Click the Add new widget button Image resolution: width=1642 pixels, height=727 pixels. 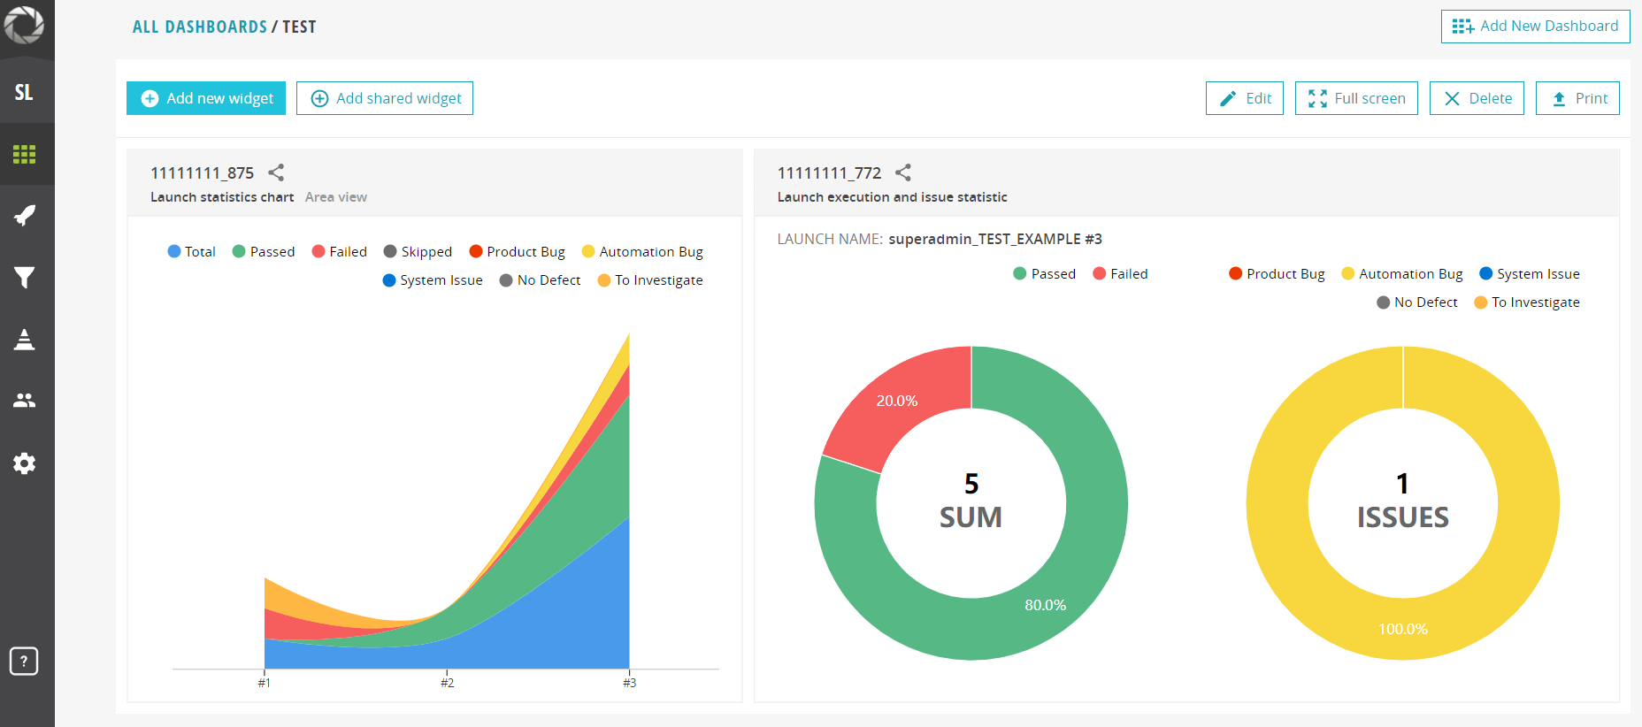coord(206,98)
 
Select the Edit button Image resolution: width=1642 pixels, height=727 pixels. coord(1245,98)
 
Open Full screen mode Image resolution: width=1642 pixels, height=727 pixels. coord(1356,98)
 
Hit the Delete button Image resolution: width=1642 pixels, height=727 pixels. coord(1477,98)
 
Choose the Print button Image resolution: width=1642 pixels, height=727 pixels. coord(1577,98)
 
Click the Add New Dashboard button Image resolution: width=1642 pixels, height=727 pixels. coord(1536,27)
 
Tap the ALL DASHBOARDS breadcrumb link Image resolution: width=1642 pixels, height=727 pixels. coord(200,27)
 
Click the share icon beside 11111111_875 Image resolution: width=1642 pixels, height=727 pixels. coord(276,172)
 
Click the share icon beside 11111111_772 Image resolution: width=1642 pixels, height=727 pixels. coord(903,172)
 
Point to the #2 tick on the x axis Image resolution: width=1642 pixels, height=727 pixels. coord(447,682)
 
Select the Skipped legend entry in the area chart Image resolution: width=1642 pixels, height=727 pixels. coord(418,252)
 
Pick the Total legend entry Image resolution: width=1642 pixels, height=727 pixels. coord(192,252)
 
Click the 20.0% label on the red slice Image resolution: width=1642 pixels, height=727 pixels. coord(897,401)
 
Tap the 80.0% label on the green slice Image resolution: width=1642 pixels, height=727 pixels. coord(1046,605)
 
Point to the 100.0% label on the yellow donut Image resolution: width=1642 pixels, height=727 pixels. coord(1403,629)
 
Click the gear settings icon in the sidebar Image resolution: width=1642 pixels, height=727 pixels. coord(25,463)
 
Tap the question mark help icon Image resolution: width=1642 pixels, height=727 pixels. coord(24,661)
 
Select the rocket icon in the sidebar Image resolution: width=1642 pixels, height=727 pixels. coord(25,215)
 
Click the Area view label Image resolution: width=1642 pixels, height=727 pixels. coord(336,197)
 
